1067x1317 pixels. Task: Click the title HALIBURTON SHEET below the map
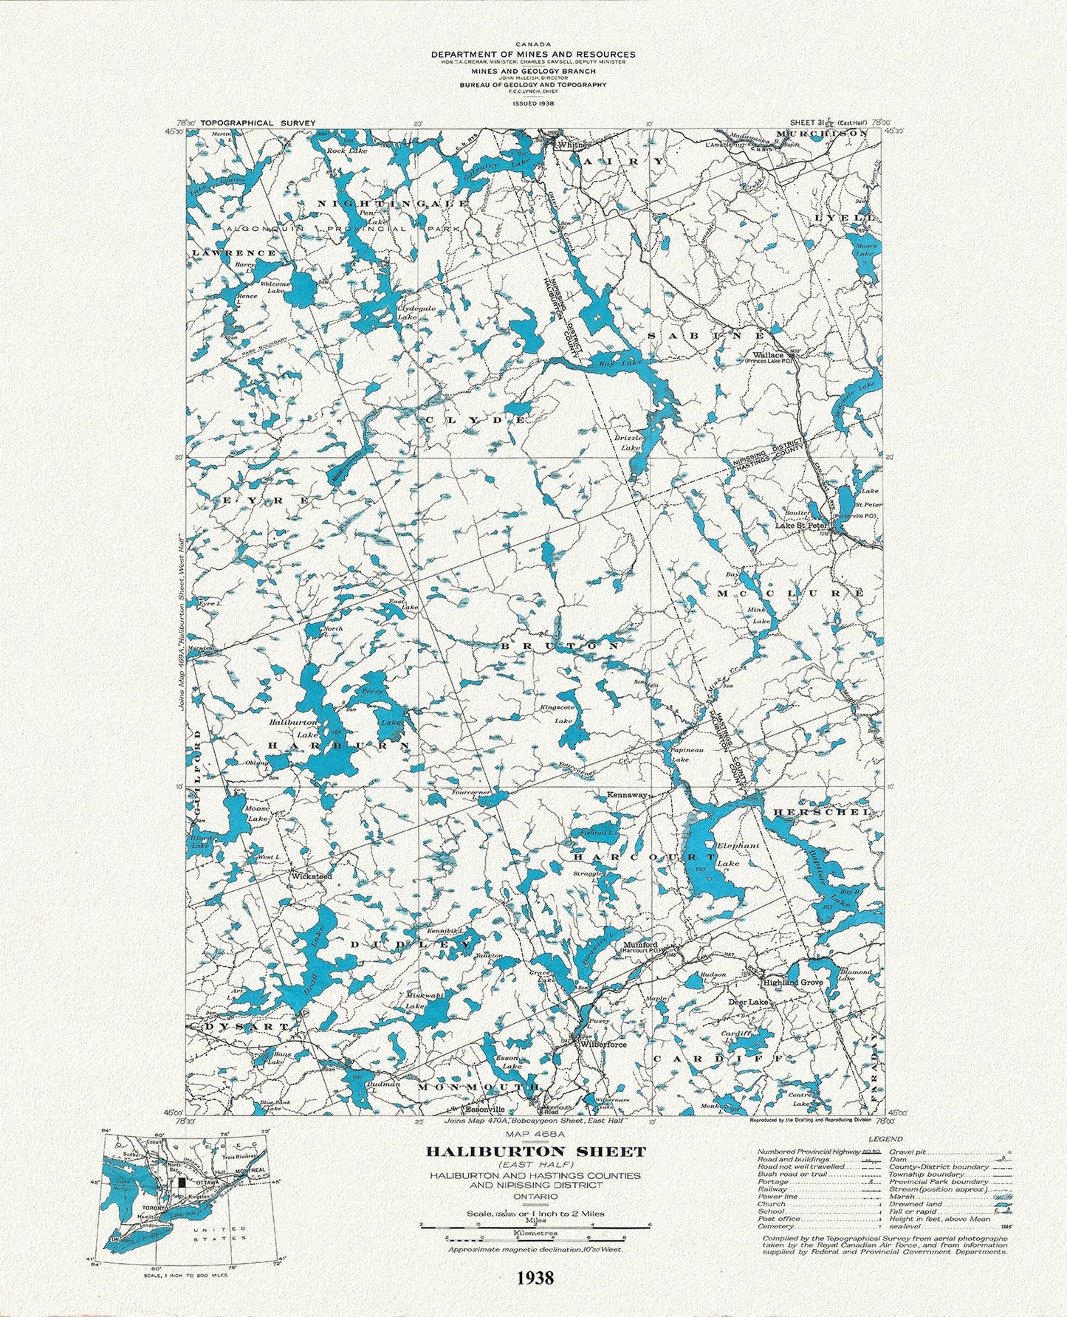click(x=535, y=1151)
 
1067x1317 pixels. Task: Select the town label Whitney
click(x=571, y=145)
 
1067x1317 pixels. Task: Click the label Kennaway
click(x=627, y=794)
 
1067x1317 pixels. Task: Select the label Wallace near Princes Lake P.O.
click(x=764, y=354)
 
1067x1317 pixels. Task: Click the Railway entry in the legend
click(x=769, y=1189)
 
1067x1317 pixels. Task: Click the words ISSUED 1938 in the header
click(x=533, y=103)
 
